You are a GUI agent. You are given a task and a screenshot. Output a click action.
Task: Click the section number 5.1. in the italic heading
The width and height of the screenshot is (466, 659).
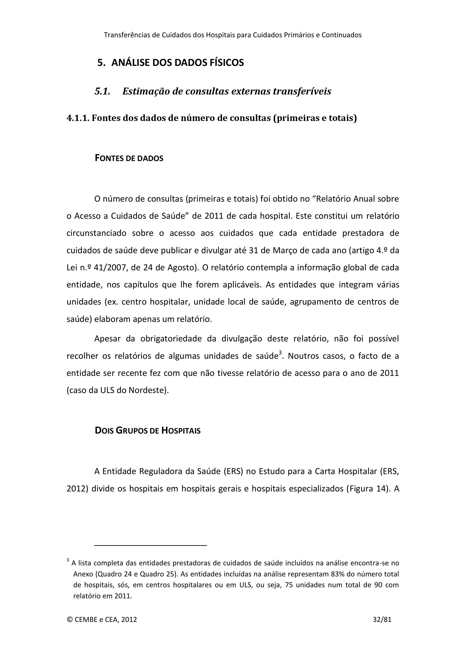pyautogui.click(x=103, y=91)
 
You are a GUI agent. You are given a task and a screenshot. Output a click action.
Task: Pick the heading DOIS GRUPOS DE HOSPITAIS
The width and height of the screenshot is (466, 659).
pyautogui.click(x=147, y=431)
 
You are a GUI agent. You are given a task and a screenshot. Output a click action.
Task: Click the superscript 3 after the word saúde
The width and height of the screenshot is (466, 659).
pyautogui.click(x=280, y=353)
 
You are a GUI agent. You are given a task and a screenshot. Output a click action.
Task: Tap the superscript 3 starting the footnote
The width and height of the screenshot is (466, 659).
pyautogui.click(x=68, y=560)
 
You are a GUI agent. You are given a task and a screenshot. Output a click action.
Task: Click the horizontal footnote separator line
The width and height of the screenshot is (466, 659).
pyautogui.click(x=151, y=545)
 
